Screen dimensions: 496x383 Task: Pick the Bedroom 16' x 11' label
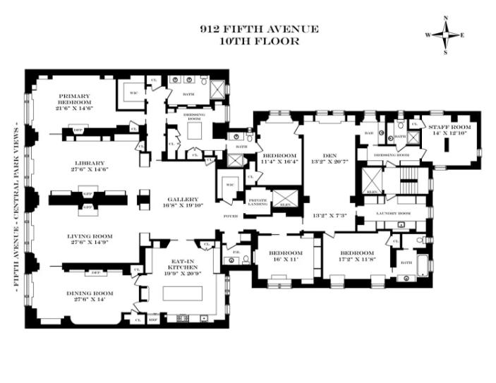click(x=285, y=256)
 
